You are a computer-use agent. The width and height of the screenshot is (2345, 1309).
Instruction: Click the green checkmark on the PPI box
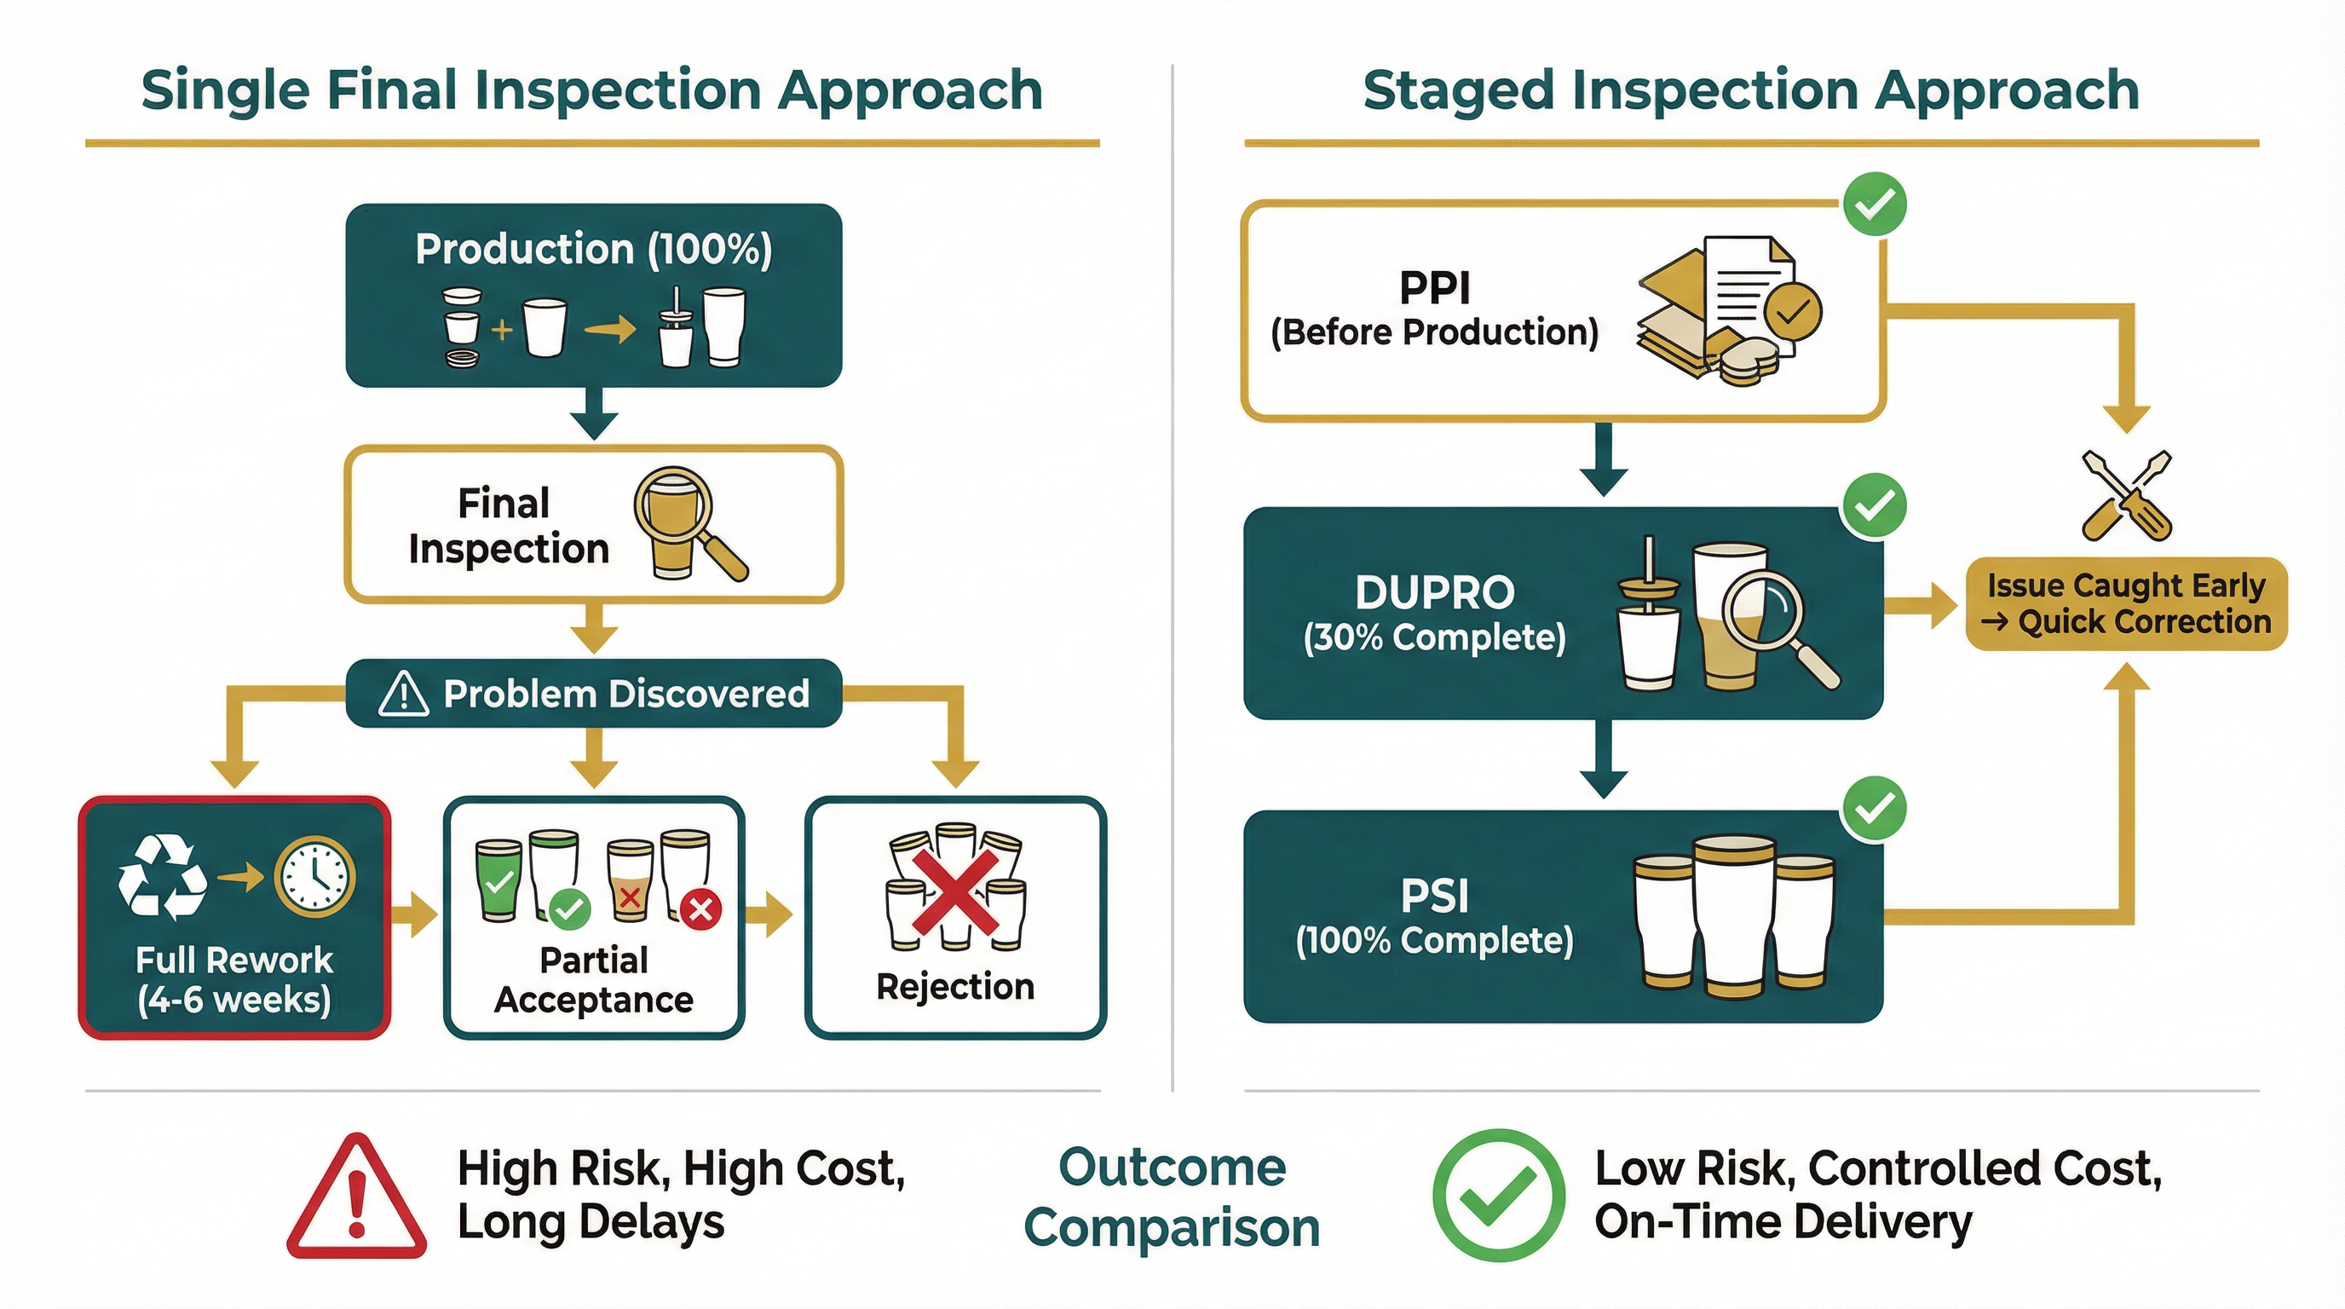[x=1875, y=204]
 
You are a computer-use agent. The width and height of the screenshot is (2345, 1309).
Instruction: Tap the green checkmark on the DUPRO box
[x=1875, y=505]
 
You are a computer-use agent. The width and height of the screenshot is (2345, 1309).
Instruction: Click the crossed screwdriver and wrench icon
[x=2127, y=496]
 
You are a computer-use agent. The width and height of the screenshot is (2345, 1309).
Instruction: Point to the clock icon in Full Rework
[x=315, y=877]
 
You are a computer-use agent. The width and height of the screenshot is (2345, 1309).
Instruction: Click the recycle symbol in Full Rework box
[x=162, y=877]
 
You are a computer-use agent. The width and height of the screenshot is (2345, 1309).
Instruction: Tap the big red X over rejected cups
[x=956, y=893]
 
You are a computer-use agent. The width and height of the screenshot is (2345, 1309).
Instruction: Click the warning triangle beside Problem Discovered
[x=403, y=694]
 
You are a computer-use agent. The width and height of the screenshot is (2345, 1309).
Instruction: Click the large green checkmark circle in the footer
[x=1498, y=1195]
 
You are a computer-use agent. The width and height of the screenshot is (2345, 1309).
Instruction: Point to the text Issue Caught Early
[x=2126, y=585]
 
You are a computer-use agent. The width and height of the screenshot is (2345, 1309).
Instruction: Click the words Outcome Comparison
[x=1172, y=1197]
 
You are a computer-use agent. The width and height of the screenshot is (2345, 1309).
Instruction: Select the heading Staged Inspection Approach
[x=1750, y=90]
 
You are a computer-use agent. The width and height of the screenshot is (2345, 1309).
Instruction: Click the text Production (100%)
[x=594, y=249]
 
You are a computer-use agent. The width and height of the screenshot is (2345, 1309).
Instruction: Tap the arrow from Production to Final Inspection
[x=594, y=415]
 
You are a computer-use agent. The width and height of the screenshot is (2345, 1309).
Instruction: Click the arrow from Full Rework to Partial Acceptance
[x=416, y=914]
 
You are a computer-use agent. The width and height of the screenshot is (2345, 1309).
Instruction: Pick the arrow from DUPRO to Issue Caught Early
[x=1921, y=605]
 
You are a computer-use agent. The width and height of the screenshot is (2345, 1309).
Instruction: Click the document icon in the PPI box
[x=1748, y=291]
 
